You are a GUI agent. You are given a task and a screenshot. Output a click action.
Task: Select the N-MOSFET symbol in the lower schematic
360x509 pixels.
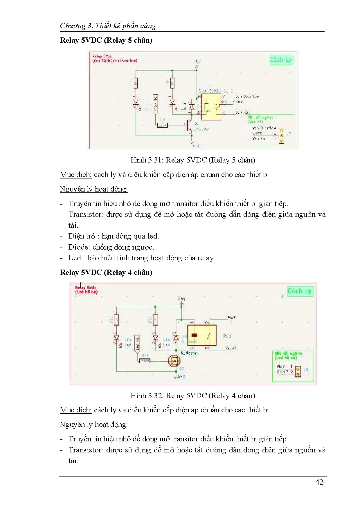click(x=174, y=361)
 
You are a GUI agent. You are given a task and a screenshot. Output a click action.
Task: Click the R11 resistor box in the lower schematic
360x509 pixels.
click(x=145, y=361)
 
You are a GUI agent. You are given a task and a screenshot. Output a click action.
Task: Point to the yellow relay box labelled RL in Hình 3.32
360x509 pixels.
click(x=202, y=335)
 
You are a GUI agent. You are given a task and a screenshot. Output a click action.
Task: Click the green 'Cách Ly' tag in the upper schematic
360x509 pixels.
click(x=281, y=60)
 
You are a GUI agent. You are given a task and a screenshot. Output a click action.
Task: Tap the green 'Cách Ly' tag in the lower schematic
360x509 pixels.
click(x=299, y=291)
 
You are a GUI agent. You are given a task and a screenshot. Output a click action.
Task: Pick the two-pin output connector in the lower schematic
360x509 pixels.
click(x=298, y=371)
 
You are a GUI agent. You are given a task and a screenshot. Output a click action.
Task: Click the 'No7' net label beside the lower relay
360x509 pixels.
click(x=232, y=317)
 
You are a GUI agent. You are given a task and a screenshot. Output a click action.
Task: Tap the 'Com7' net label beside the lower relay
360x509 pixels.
click(x=231, y=348)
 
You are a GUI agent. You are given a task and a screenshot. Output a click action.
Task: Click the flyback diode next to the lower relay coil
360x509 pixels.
click(x=176, y=337)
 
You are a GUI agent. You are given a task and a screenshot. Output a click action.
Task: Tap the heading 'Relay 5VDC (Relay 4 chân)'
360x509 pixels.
click(x=106, y=272)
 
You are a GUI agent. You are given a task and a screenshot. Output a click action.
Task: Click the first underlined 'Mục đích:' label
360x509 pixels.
click(x=75, y=175)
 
